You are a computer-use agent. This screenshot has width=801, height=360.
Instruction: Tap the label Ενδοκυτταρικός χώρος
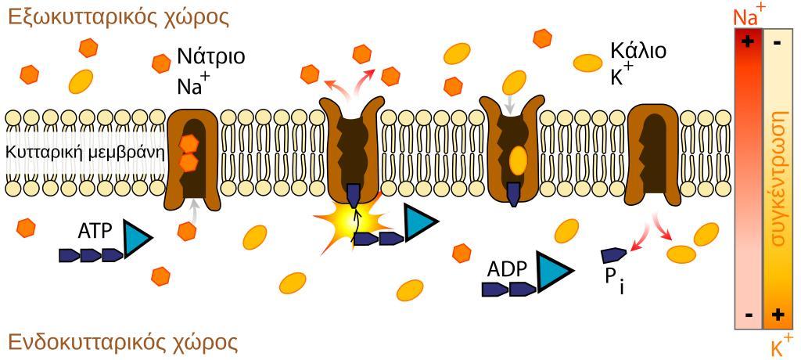coord(122,342)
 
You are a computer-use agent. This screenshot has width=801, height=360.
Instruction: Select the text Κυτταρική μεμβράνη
coord(85,152)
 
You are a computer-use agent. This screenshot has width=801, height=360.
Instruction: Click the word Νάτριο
coord(210,56)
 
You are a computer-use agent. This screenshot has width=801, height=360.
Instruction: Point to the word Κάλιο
coord(638,52)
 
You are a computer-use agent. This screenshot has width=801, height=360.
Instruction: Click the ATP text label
coord(95,231)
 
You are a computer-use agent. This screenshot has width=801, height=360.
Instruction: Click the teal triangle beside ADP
coord(551,271)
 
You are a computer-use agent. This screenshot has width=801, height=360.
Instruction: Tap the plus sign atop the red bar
coord(749,41)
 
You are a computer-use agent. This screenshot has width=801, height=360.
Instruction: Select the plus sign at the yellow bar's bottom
coord(778,315)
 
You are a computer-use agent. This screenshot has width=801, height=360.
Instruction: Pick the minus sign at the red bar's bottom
coord(749,315)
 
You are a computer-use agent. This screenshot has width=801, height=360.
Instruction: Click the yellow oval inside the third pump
coord(518,159)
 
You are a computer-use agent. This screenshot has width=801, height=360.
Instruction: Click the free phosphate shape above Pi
coord(613,255)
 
